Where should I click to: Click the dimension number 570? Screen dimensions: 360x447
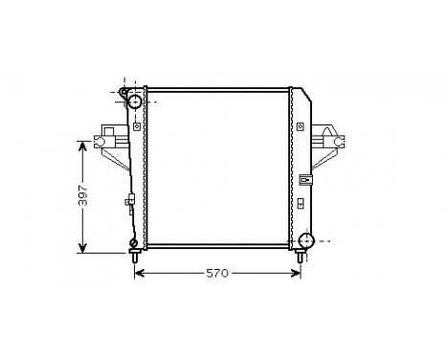pos(217,274)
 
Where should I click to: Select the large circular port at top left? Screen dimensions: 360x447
pos(135,101)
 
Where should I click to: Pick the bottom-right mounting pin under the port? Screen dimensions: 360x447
pos(303,258)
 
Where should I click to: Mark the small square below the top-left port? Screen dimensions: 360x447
pos(138,124)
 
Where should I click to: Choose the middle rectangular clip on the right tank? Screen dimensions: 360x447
pos(304,178)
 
